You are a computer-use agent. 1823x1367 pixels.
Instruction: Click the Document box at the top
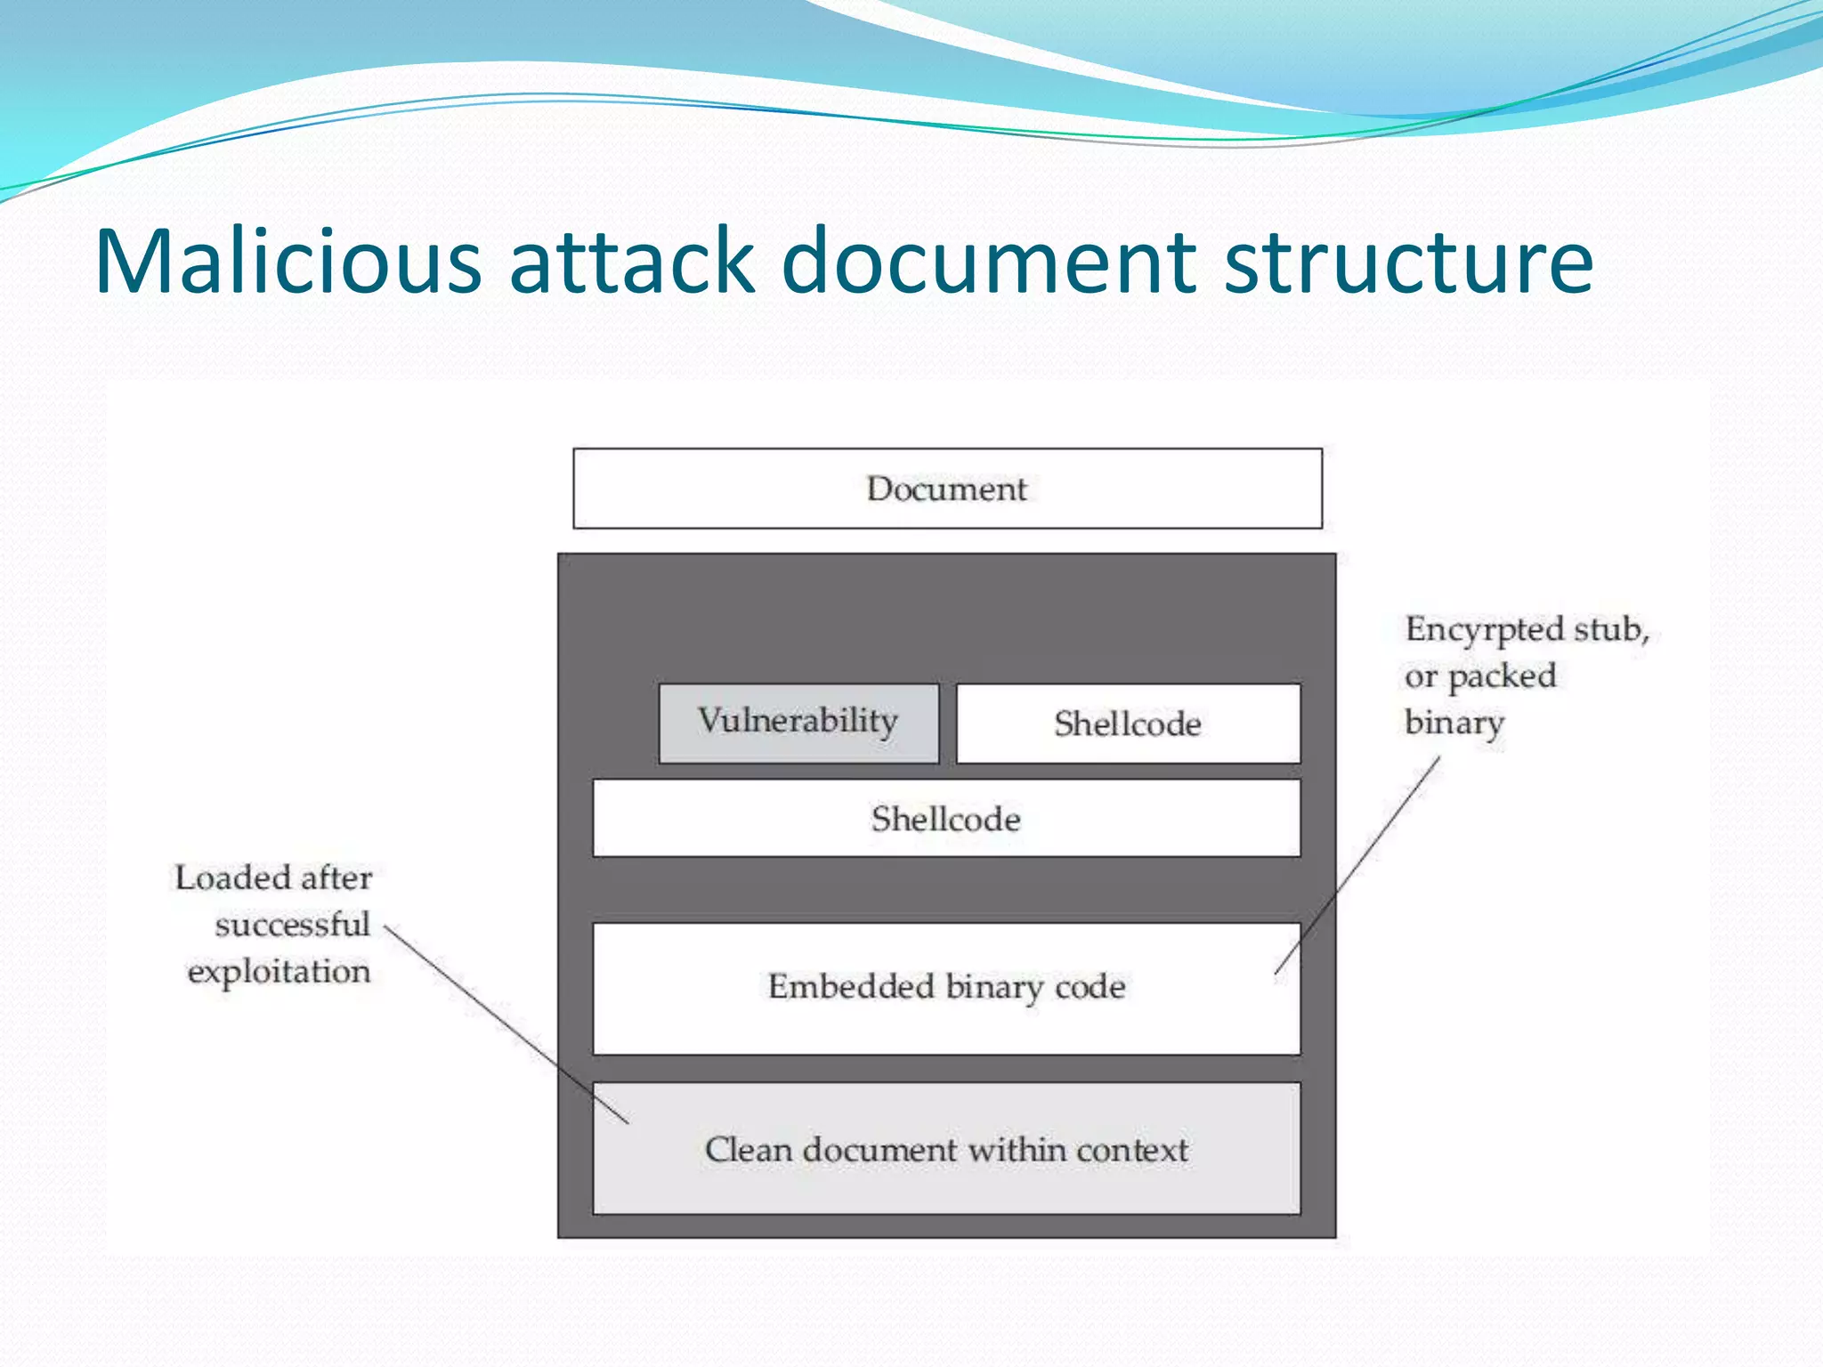[947, 489]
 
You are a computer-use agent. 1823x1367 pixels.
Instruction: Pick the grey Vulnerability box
[798, 723]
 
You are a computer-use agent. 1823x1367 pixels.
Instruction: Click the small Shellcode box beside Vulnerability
[1128, 724]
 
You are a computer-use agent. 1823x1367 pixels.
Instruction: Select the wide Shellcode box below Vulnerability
[946, 819]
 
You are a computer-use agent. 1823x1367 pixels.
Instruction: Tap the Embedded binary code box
[946, 988]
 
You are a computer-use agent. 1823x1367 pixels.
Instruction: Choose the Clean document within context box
[946, 1149]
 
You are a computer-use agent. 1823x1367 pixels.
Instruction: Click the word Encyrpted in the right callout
[1484, 630]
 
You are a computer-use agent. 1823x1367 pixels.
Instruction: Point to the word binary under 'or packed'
[1454, 723]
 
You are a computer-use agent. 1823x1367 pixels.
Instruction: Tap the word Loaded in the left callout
[233, 878]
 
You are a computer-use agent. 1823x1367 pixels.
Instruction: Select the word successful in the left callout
[292, 925]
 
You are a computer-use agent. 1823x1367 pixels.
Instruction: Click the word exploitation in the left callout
[279, 971]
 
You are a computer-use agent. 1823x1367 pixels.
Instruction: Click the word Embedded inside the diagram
[851, 986]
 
